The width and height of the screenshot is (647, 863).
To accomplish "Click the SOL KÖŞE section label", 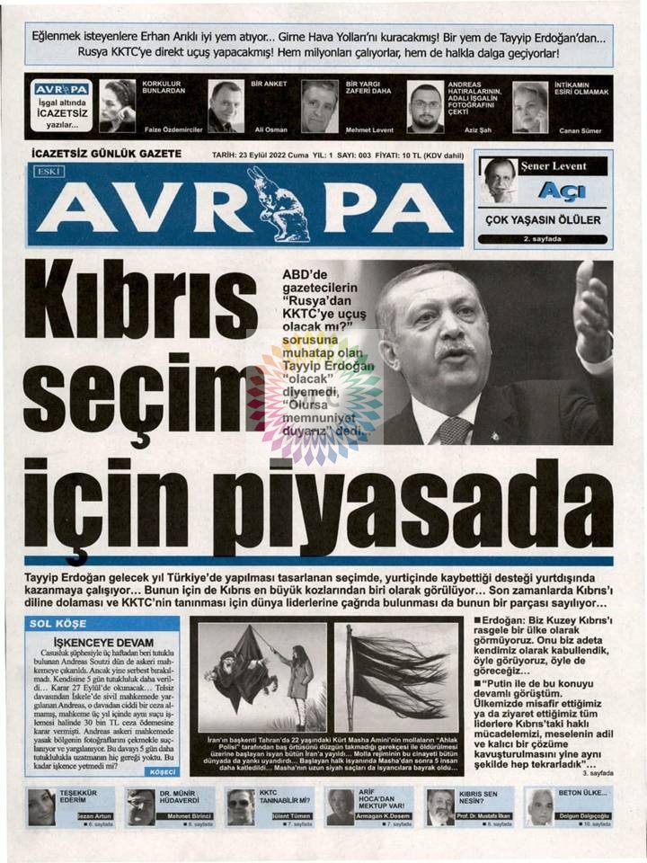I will coord(58,623).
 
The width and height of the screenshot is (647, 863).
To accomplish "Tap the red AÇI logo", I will coord(561,191).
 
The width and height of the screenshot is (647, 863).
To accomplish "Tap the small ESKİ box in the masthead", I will coord(47,172).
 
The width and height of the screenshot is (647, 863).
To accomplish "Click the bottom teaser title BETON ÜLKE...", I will coord(583,794).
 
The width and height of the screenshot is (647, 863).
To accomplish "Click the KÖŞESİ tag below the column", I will coord(164,771).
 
